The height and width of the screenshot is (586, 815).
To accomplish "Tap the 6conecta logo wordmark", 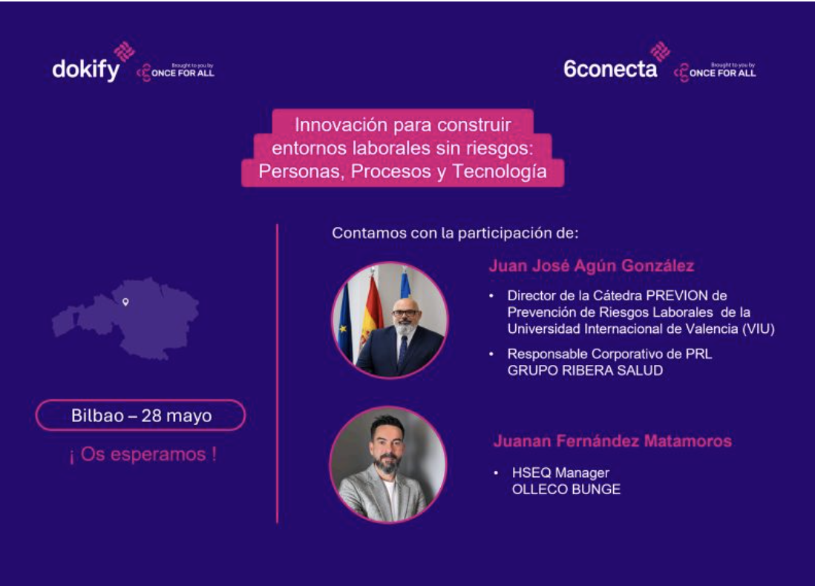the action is (x=610, y=68).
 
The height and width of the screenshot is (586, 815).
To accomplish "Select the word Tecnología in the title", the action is (x=500, y=172).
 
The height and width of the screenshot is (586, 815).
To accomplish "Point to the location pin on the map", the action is (x=125, y=302).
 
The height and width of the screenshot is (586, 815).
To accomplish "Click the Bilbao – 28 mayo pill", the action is (x=140, y=415).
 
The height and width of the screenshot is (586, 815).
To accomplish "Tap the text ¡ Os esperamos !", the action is (x=143, y=455).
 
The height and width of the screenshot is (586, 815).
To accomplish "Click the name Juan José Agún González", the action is (x=592, y=266).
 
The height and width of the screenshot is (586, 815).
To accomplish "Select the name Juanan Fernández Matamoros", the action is (x=612, y=441).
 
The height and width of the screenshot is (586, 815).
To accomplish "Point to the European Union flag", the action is (x=344, y=322).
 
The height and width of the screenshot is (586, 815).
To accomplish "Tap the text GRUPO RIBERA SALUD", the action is (x=585, y=370).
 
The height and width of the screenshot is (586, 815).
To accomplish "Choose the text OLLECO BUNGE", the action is (x=566, y=490).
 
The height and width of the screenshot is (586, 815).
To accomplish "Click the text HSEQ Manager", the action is (x=560, y=473).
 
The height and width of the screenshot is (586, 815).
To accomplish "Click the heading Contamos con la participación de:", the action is (x=455, y=233).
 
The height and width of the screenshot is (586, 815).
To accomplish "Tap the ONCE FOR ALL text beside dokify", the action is (x=183, y=73).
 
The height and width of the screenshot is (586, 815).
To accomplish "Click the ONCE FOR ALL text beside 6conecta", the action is (x=722, y=73).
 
